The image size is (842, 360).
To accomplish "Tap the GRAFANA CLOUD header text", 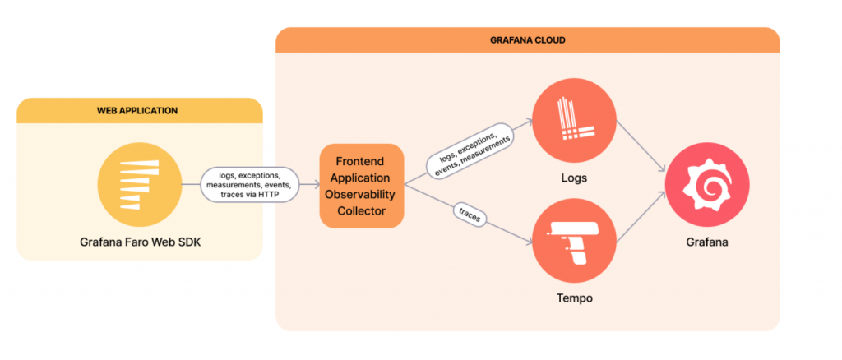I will [527, 40].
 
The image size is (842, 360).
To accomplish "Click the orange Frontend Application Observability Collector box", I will [362, 186].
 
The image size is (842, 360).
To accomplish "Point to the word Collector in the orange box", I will [362, 211].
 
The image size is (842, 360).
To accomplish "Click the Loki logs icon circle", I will [573, 122].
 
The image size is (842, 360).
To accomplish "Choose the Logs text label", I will [573, 177].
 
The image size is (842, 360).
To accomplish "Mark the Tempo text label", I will [573, 298].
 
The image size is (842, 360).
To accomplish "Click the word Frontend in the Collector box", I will [362, 160].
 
